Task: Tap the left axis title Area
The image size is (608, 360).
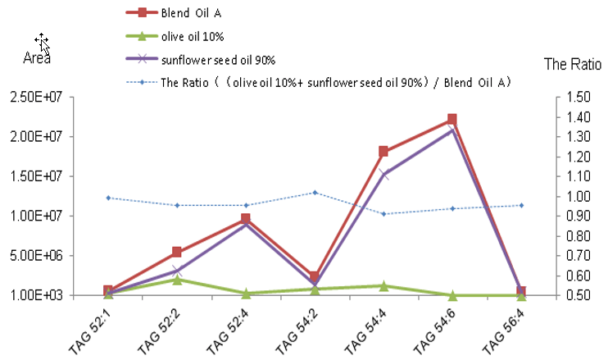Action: click(x=37, y=58)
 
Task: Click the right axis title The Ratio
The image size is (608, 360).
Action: click(x=571, y=64)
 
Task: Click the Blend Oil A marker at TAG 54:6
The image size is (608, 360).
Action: click(x=451, y=120)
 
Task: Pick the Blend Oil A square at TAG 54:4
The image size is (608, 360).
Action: click(x=383, y=152)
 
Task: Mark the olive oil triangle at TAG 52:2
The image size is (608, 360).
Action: click(x=177, y=280)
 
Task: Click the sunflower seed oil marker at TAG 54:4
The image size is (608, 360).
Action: click(x=383, y=175)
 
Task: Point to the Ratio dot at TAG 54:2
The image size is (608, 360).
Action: click(x=315, y=193)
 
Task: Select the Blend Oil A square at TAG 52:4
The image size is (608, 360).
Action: click(x=246, y=219)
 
